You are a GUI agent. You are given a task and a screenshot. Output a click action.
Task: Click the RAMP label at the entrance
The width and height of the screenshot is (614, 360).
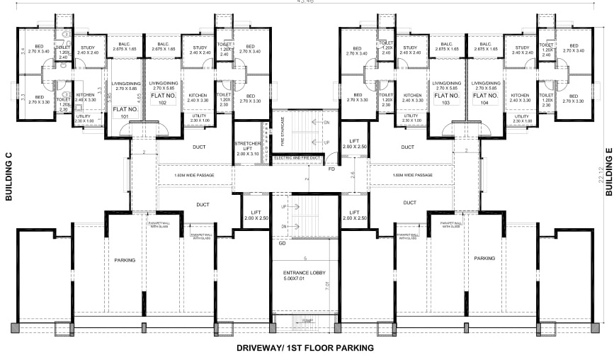tap(306, 322)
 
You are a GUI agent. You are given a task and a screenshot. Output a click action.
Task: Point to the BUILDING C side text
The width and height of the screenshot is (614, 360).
tap(9, 177)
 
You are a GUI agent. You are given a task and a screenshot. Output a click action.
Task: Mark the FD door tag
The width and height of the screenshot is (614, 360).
tap(331, 169)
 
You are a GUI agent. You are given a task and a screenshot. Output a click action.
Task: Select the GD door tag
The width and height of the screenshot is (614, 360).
tap(282, 243)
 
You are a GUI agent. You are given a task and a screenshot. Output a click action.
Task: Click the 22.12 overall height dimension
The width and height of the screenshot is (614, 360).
tap(601, 174)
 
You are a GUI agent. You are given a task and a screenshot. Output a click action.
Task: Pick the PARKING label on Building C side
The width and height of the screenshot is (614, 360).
tap(125, 261)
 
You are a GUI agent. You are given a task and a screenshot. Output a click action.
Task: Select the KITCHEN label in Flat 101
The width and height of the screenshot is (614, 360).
tap(86, 96)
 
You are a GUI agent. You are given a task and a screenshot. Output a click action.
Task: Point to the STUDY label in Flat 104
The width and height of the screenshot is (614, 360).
tap(521, 48)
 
